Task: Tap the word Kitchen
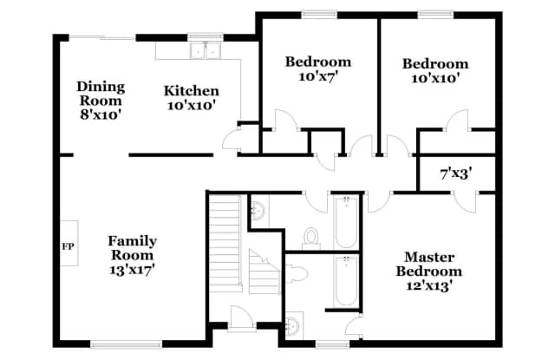(x=191, y=91)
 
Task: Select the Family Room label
(x=131, y=248)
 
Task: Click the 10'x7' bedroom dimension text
(x=318, y=76)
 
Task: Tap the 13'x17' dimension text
(x=131, y=269)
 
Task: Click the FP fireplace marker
(x=68, y=246)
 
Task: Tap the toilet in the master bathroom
(x=293, y=325)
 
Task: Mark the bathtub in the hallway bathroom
(x=345, y=220)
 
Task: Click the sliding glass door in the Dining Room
(x=102, y=37)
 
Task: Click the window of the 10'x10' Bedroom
(x=435, y=13)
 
